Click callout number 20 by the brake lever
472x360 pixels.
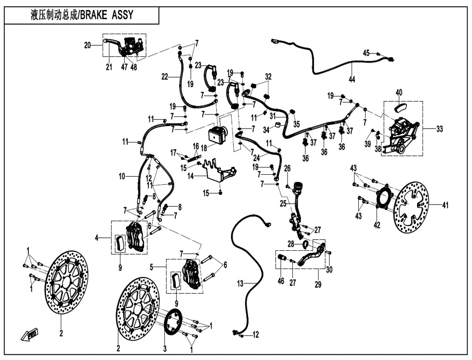point(87,45)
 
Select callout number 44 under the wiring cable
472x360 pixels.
point(352,79)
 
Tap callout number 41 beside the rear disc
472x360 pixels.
point(446,206)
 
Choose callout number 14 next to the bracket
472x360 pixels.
point(190,177)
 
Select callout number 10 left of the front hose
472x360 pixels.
point(122,177)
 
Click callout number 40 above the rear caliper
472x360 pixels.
point(399,92)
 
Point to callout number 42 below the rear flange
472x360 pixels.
point(377,225)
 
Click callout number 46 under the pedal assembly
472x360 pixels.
point(281,281)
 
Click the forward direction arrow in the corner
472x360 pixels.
point(29,334)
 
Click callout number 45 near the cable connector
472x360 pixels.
point(366,53)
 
